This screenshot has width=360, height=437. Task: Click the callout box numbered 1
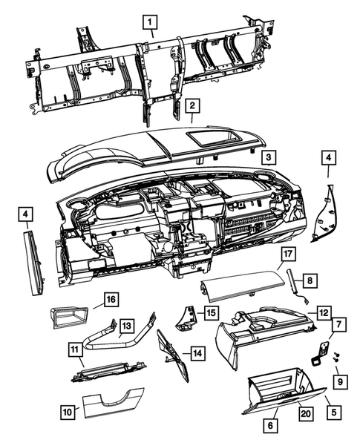pyautogui.click(x=151, y=22)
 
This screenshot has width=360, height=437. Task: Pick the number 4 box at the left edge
pyautogui.click(x=26, y=215)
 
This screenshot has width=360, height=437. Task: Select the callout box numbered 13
pyautogui.click(x=127, y=324)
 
